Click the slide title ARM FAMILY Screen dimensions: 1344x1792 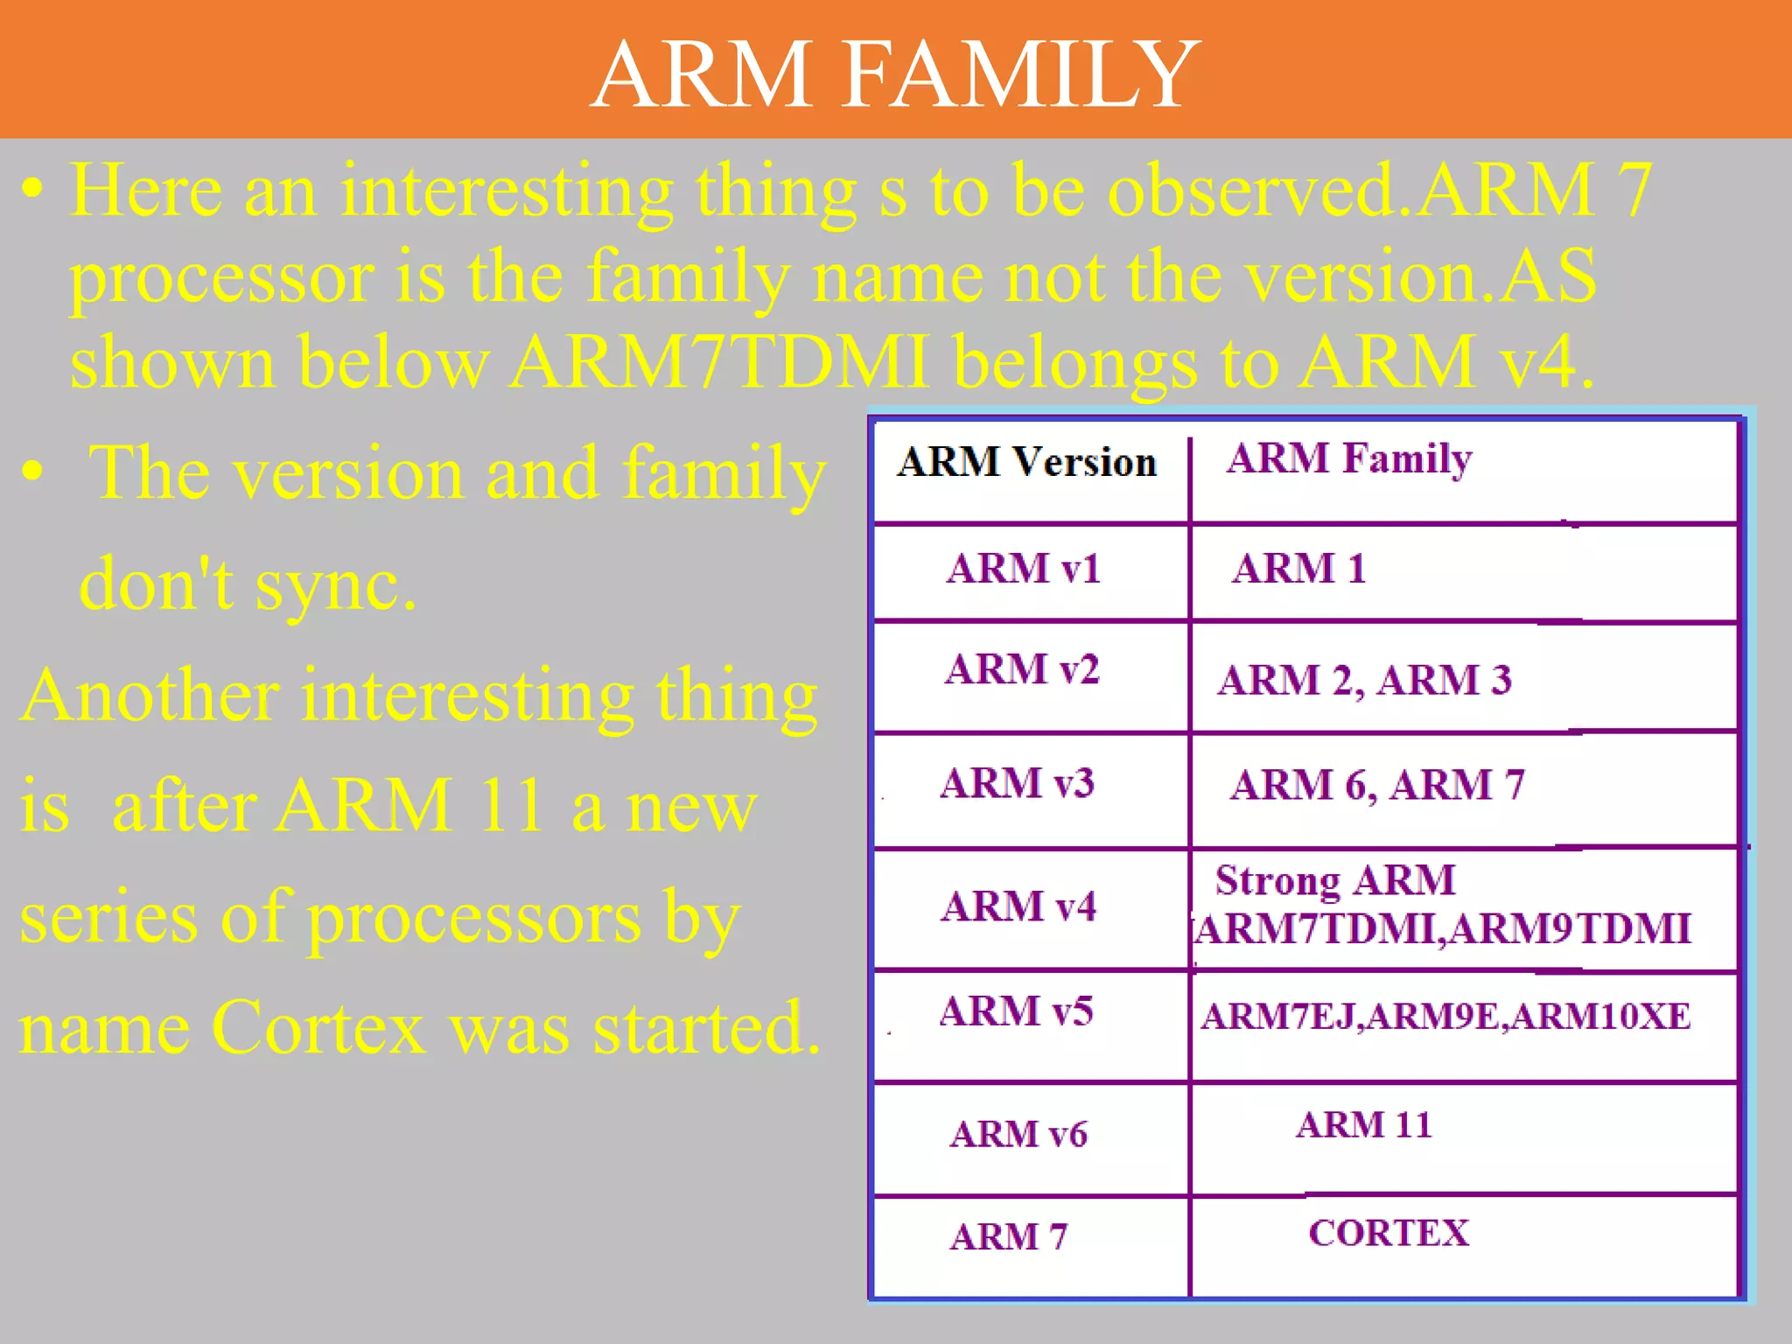(x=895, y=74)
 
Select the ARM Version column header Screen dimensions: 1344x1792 (x=1026, y=462)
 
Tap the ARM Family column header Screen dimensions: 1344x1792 (x=1349, y=458)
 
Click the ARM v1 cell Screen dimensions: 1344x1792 (x=1023, y=569)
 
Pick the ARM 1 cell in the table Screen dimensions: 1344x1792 (x=1299, y=569)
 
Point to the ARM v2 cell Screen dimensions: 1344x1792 (x=1022, y=669)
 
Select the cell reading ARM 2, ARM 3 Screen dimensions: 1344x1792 (x=1364, y=681)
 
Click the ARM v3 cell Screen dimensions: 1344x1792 (x=1017, y=783)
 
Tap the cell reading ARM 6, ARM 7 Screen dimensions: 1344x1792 (x=1377, y=785)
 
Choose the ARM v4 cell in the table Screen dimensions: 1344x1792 (x=1018, y=906)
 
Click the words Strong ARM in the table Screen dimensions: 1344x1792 (x=1335, y=880)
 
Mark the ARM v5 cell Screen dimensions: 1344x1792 (x=1016, y=1011)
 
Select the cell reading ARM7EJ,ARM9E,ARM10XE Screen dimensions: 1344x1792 (x=1445, y=1017)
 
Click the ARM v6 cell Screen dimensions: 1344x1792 (x=1018, y=1135)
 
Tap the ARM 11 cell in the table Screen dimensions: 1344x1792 (x=1364, y=1125)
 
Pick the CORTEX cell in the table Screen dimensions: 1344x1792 (x=1389, y=1234)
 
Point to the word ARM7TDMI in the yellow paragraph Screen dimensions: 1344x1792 (x=719, y=362)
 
